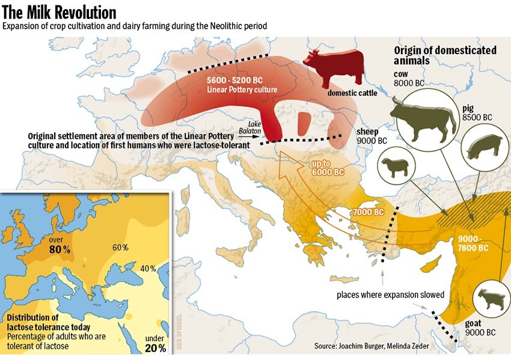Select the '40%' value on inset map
(148, 268)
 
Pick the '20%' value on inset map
(155, 348)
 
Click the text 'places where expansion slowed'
(390, 294)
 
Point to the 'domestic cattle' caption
(352, 93)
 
